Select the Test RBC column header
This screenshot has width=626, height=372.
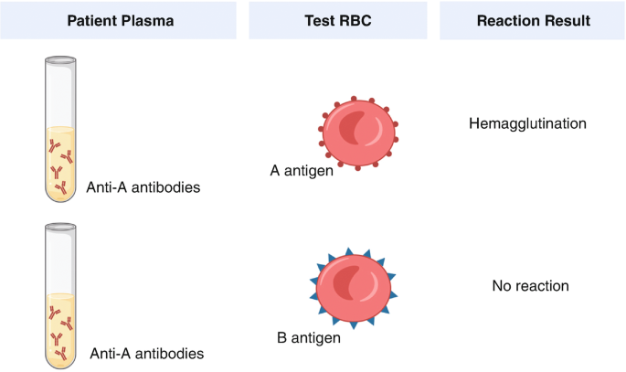[x=337, y=19]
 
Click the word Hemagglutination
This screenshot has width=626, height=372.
[x=527, y=122]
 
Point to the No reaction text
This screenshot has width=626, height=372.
[x=530, y=286]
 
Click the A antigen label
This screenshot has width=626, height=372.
[x=302, y=170]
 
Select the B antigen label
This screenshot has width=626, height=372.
[x=309, y=337]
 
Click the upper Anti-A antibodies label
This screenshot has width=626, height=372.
[x=143, y=188]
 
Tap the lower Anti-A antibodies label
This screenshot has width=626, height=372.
[x=147, y=352]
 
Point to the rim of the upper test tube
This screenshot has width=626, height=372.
[x=62, y=60]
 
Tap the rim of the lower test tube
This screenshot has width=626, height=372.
[x=62, y=224]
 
